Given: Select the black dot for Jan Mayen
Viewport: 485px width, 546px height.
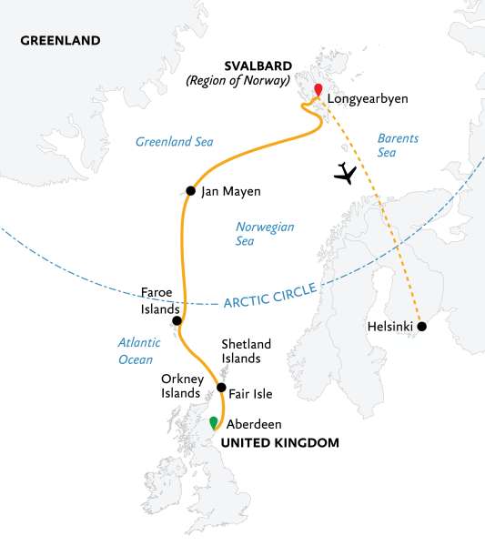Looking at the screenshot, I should [x=190, y=191].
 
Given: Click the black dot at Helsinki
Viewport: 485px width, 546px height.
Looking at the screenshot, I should [x=421, y=326].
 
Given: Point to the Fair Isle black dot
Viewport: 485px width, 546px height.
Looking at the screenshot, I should [x=221, y=388].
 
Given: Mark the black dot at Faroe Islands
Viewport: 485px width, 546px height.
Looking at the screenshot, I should [x=177, y=321].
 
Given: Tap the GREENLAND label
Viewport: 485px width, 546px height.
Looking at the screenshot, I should [x=59, y=41].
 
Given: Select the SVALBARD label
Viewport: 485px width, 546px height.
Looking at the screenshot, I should [x=259, y=66].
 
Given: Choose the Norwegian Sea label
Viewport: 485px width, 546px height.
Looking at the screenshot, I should [x=265, y=234].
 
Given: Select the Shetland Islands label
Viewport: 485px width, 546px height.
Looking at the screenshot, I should [x=241, y=351].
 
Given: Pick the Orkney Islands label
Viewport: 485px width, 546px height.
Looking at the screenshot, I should [x=179, y=386].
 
